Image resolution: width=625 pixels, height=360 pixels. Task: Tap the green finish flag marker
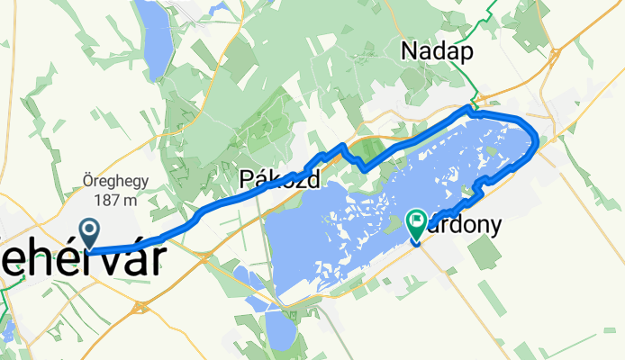click(417, 223)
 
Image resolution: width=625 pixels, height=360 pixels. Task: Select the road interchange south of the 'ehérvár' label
click(140, 307)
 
